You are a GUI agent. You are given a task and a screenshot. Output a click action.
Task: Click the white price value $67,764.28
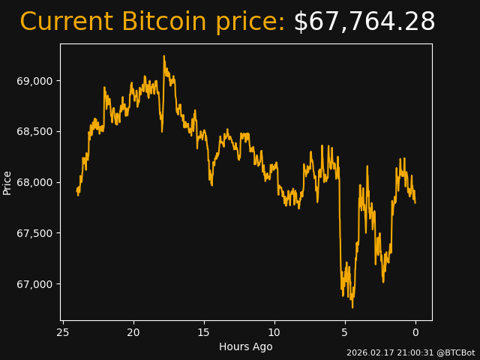(364, 22)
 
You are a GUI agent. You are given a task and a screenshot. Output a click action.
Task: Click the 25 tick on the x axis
(63, 332)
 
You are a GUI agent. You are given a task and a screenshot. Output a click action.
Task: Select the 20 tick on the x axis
(133, 332)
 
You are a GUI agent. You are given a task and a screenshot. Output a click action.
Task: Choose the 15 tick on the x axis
(204, 332)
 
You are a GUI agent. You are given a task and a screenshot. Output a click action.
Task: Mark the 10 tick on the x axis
(274, 332)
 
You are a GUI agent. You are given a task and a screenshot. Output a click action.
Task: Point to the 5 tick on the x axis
(345, 332)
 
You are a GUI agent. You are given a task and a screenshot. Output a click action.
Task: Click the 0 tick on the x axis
(415, 332)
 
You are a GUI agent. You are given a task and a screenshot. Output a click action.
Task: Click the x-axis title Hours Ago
(246, 346)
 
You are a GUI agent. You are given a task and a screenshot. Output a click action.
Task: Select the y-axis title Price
(7, 182)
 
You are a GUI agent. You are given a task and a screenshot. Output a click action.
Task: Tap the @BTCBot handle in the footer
(455, 352)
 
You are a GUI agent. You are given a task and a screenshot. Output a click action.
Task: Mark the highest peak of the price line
(163, 55)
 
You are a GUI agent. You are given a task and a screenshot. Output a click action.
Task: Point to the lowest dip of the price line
(352, 307)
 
